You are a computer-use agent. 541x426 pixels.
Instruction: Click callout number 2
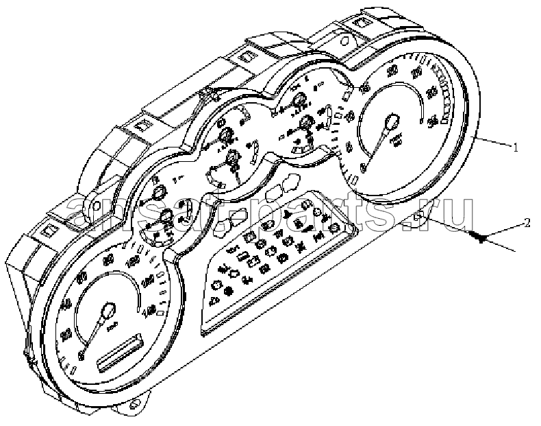(525, 222)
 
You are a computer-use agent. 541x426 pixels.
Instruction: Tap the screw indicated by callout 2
(479, 237)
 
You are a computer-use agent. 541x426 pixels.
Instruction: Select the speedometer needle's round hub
(108, 315)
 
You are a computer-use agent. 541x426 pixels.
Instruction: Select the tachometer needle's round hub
(391, 123)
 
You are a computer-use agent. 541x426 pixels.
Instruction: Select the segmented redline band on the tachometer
(445, 96)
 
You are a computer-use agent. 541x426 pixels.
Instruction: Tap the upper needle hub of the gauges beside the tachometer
(299, 103)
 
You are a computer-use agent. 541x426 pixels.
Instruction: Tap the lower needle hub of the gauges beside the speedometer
(166, 218)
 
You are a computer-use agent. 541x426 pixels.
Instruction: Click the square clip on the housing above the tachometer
(360, 26)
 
